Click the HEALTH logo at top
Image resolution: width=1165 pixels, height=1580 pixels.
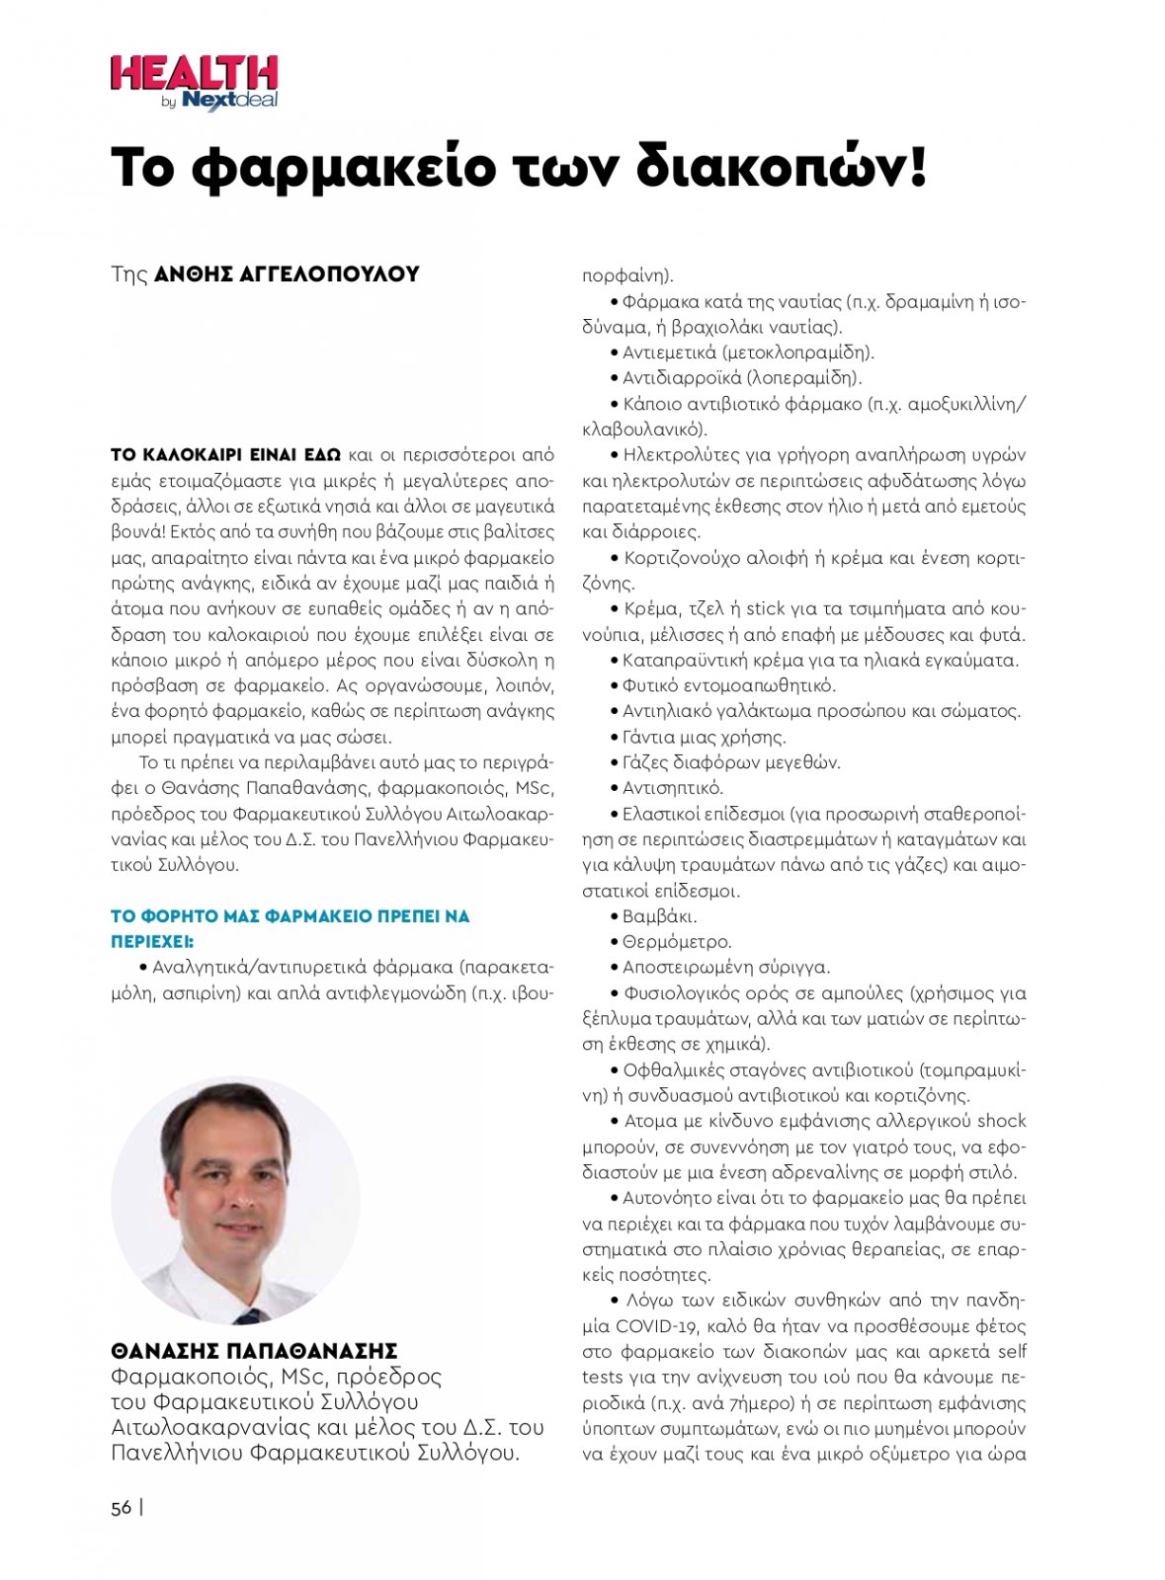tap(194, 75)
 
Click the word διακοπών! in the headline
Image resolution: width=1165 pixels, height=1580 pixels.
tap(781, 168)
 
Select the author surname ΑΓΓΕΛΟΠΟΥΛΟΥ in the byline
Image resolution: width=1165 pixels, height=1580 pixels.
tap(329, 275)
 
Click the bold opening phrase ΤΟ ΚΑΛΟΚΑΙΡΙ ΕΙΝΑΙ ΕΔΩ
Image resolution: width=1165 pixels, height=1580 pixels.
tap(225, 455)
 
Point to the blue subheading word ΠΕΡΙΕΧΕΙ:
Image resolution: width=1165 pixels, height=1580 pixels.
tap(152, 941)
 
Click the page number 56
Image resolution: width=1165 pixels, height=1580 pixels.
tap(122, 1508)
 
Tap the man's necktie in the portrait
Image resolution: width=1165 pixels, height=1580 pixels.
tap(249, 1315)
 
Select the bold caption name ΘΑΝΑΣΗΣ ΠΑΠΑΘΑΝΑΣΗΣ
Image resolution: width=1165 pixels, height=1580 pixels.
tap(254, 1351)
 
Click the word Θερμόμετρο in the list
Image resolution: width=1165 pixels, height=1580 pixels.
tap(677, 942)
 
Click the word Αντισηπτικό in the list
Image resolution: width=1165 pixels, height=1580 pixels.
tap(672, 788)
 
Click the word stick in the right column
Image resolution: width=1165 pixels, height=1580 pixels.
tap(764, 608)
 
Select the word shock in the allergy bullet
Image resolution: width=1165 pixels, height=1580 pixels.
tap(1001, 1121)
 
